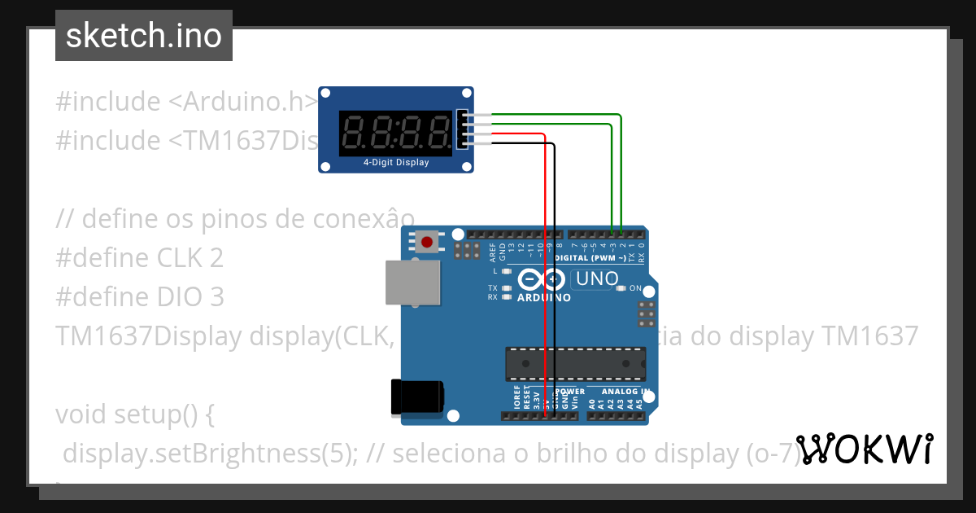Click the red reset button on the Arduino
click(x=426, y=242)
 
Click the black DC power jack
click(x=417, y=397)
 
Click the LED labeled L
click(x=507, y=271)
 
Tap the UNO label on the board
click(x=596, y=279)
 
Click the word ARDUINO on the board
click(x=544, y=298)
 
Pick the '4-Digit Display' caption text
click(x=395, y=163)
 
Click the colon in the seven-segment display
click(x=395, y=133)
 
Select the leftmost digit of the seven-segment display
click(x=355, y=133)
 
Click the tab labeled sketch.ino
click(x=144, y=36)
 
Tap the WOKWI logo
click(x=865, y=449)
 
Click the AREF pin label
click(x=493, y=250)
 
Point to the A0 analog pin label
click(x=591, y=403)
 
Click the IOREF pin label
click(x=516, y=399)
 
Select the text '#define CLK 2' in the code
click(x=139, y=258)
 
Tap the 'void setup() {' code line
click(x=134, y=414)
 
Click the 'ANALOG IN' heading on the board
click(x=621, y=392)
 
